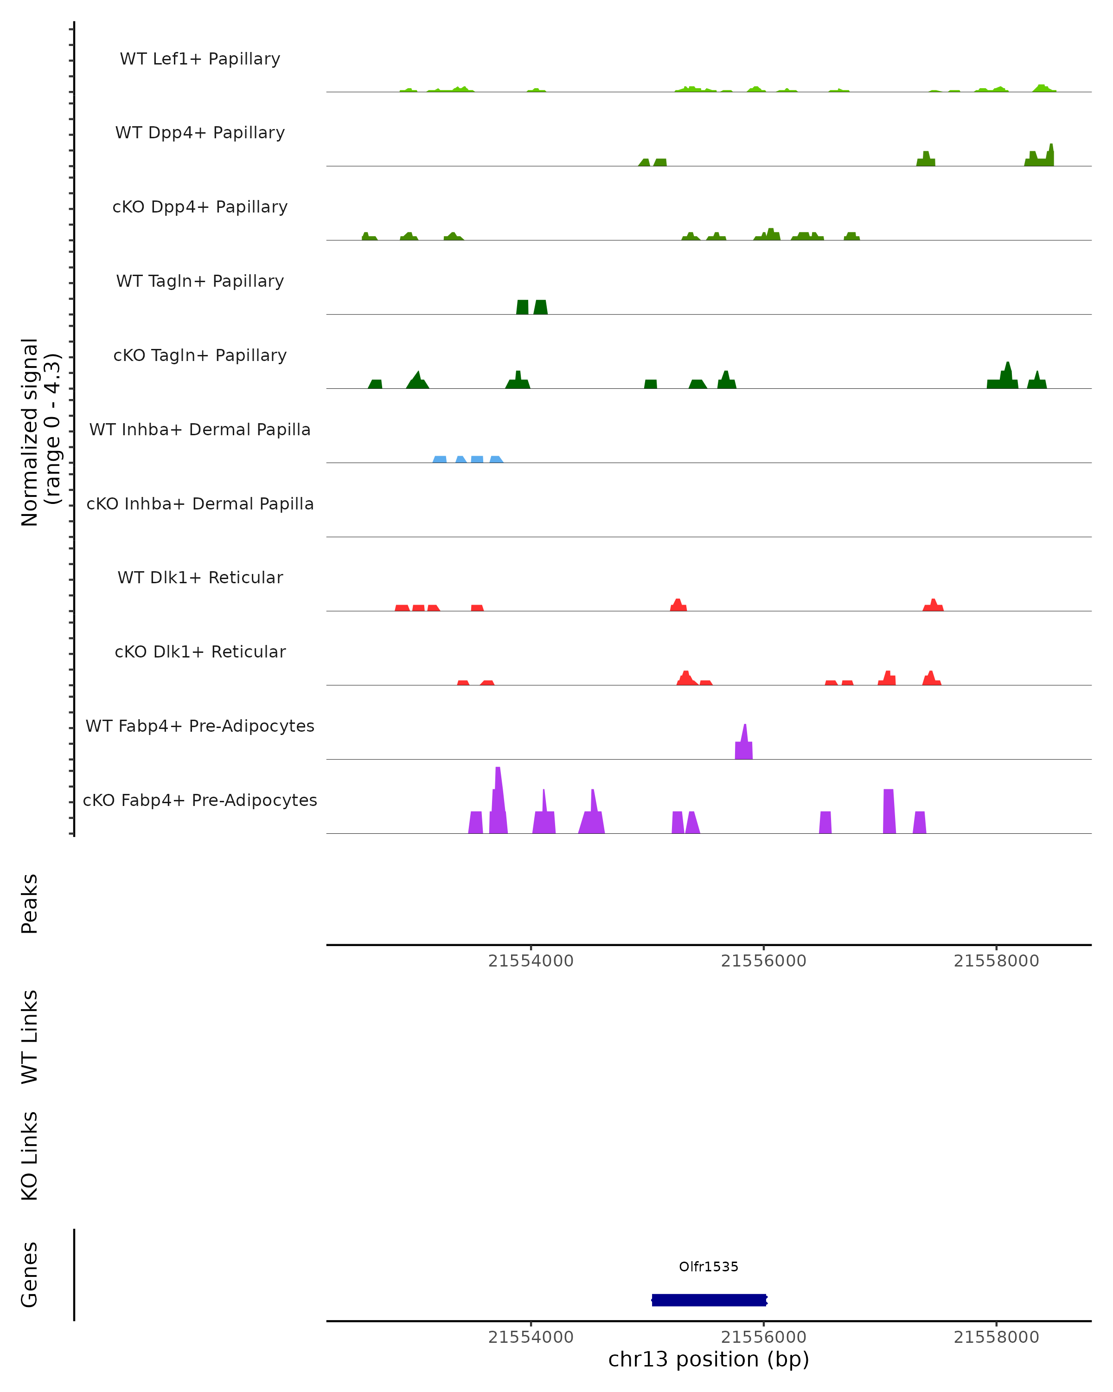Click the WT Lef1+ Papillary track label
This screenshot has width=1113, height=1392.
pyautogui.click(x=200, y=59)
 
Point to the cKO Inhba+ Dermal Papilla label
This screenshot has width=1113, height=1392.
pyautogui.click(x=200, y=503)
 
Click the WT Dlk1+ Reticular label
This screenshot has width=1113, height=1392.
pyautogui.click(x=200, y=577)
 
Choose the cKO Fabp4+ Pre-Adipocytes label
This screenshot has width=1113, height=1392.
pyautogui.click(x=200, y=800)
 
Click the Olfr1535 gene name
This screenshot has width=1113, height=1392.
pyautogui.click(x=709, y=1267)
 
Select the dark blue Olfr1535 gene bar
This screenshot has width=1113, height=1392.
pyautogui.click(x=709, y=1300)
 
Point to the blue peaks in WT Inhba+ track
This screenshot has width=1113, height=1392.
pyautogui.click(x=468, y=459)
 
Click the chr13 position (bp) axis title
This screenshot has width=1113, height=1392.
pyautogui.click(x=709, y=1359)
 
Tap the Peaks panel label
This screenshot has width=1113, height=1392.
pyautogui.click(x=30, y=903)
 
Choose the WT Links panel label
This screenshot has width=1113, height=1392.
pyautogui.click(x=30, y=1036)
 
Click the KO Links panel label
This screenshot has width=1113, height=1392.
pyautogui.click(x=30, y=1156)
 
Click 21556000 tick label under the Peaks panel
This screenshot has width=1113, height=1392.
pyautogui.click(x=763, y=961)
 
